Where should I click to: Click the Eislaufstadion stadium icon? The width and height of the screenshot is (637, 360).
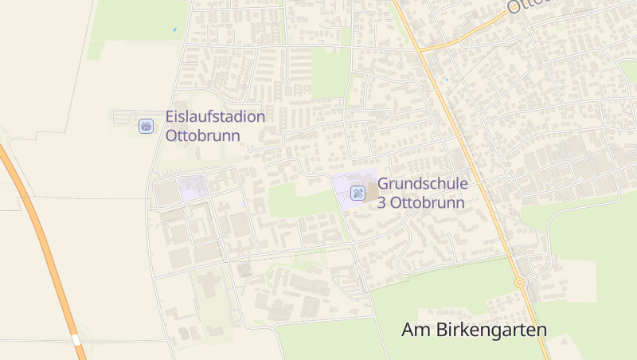point(146,126)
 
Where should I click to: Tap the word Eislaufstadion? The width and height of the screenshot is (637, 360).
point(215,117)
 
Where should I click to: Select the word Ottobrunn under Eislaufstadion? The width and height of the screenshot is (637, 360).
point(202,135)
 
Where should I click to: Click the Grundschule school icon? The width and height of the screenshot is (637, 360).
point(358,192)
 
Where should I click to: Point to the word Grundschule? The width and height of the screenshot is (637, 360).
point(422,184)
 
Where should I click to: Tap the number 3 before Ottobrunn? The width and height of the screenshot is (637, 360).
point(382,202)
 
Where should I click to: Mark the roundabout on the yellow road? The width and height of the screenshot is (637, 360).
point(519,282)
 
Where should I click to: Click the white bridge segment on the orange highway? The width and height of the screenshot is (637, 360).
point(77,340)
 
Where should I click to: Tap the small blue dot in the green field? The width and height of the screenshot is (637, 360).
point(174,30)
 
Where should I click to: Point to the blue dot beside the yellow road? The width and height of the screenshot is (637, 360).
point(447,80)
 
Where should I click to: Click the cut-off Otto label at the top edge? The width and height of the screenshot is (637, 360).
point(525,6)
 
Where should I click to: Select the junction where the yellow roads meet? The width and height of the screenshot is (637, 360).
point(420,49)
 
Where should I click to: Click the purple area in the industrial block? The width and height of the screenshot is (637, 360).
point(192,190)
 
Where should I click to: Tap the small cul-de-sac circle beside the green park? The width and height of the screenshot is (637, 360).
point(287,81)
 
